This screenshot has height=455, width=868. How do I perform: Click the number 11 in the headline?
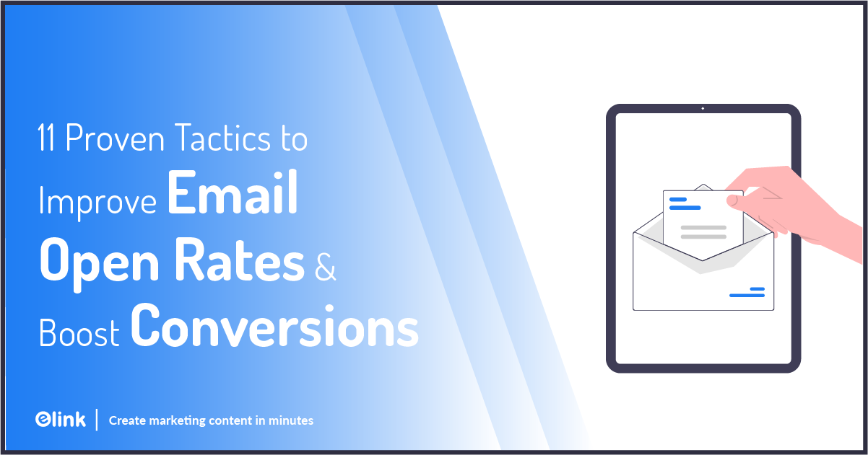coord(48,138)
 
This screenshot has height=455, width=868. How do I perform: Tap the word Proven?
coord(110,138)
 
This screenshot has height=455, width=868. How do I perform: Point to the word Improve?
coord(97,201)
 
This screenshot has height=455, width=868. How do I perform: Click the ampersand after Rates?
coord(326,265)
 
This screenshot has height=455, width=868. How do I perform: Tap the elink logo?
coord(60,420)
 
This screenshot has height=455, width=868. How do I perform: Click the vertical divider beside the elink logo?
coord(96,420)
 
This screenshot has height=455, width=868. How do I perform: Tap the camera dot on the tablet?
coord(703,108)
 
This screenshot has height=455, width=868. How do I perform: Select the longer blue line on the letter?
coord(685,208)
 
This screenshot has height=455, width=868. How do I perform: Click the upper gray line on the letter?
coord(703,228)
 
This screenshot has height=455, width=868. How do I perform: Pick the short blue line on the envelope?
coord(757,289)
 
